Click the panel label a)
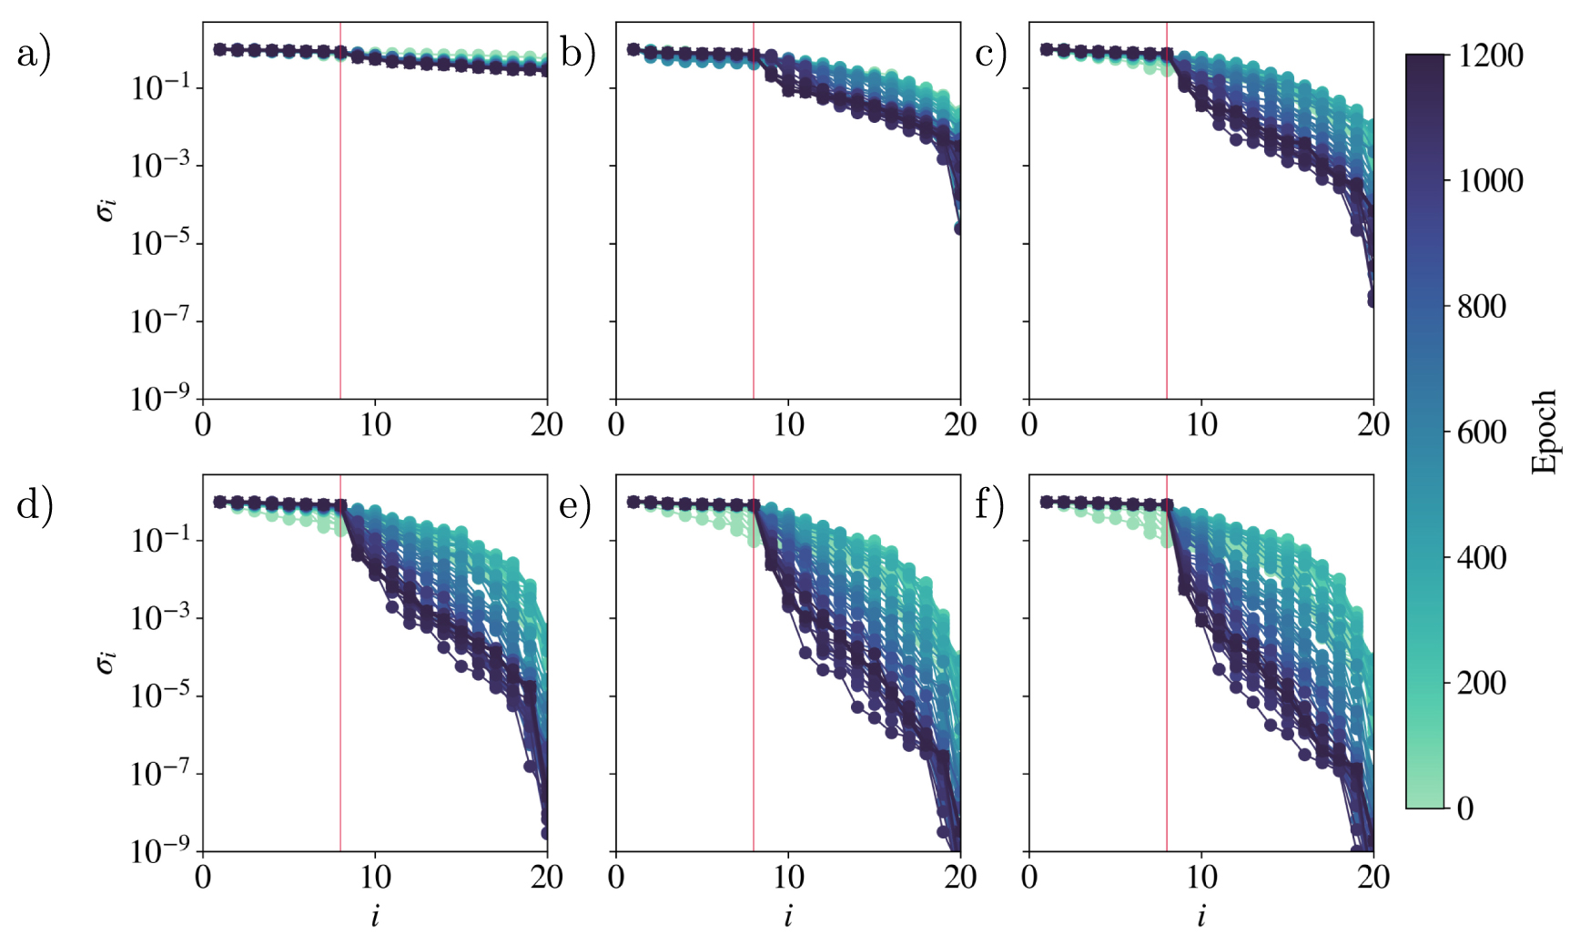pos(34,55)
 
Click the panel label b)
pos(577,55)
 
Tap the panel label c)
pos(991,55)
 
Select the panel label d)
pos(35,504)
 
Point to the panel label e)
pos(575,504)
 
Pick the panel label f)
pos(989,504)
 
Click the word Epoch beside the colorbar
pos(1544,432)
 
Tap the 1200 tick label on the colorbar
pos(1490,56)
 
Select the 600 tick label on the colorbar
pos(1481,432)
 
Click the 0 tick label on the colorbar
pos(1464,808)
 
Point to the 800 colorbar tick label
pos(1481,306)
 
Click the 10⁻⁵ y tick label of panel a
pos(160,244)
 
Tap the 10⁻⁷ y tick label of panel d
pos(160,774)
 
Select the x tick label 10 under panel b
pos(788,424)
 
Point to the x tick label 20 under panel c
pos(1372,424)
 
